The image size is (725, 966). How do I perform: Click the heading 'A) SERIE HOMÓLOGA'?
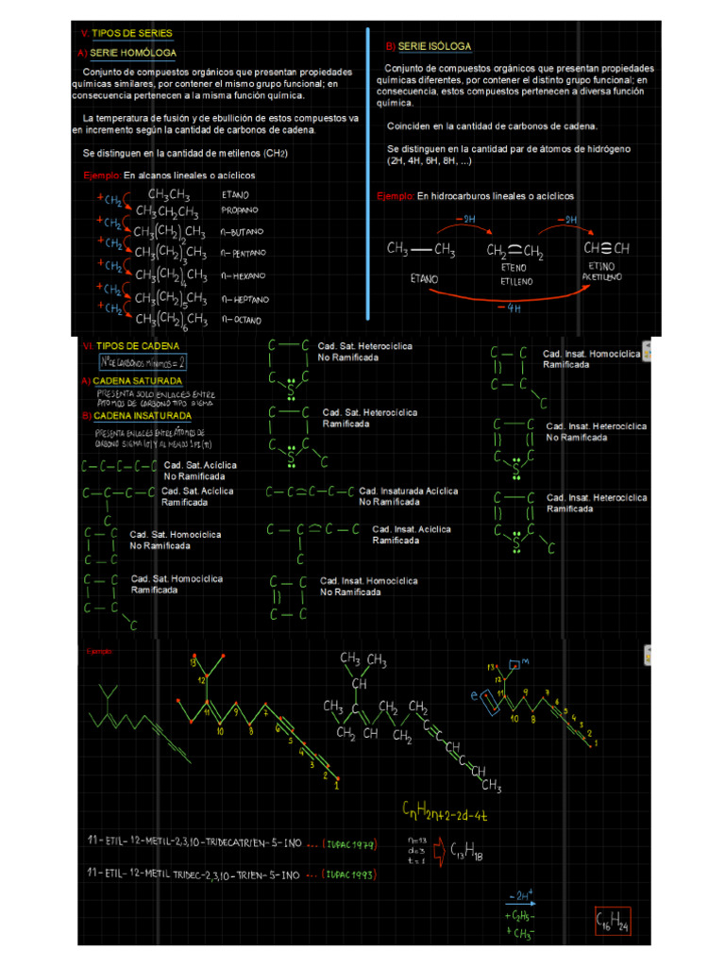point(126,53)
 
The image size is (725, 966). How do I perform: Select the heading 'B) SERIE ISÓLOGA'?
point(428,46)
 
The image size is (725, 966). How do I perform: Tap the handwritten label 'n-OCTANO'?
point(244,320)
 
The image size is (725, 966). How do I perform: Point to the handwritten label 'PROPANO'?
point(240,209)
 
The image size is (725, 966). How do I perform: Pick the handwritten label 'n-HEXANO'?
point(244,275)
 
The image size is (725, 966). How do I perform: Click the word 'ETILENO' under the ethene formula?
point(515,281)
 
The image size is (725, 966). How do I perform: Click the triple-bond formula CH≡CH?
point(607,249)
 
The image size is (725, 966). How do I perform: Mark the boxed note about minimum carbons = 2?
point(143,361)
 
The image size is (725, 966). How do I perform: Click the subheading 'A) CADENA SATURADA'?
point(131,381)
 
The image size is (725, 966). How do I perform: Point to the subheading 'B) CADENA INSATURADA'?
point(136,415)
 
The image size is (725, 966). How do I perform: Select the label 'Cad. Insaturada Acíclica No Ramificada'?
point(409,496)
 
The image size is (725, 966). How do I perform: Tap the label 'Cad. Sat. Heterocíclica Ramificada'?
point(369,418)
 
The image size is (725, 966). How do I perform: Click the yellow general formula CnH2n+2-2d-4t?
point(449,809)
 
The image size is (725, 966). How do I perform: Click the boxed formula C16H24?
point(612,923)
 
